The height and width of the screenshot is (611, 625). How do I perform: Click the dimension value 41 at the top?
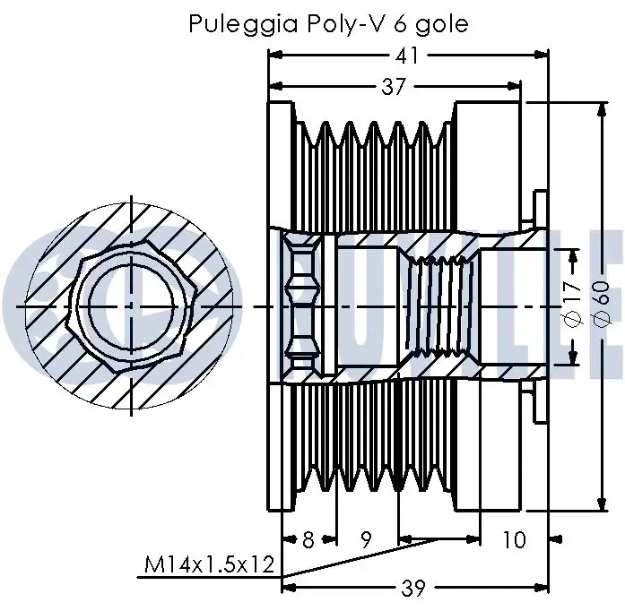click(407, 56)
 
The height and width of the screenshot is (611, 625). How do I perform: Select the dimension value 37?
click(394, 86)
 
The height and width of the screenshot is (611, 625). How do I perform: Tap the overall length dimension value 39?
click(413, 588)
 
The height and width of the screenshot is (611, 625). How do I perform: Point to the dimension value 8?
click(308, 540)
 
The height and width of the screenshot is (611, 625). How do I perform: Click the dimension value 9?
click(366, 540)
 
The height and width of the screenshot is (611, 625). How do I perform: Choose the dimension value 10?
click(515, 540)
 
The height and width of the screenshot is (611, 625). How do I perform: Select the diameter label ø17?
click(573, 304)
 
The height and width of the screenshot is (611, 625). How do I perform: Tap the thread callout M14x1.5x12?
click(210, 564)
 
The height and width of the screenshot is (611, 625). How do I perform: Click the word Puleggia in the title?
click(243, 24)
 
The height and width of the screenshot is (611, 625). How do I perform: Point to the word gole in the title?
click(442, 25)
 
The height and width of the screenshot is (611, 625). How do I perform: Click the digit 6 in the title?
click(400, 24)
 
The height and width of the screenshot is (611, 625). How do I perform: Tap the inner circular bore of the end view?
click(90, 306)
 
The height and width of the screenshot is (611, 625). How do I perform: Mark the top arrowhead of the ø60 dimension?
click(602, 108)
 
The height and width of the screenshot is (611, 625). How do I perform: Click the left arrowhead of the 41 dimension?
click(276, 55)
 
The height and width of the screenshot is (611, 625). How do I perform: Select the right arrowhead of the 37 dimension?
click(514, 86)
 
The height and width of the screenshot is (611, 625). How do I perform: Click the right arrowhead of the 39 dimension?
click(542, 588)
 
